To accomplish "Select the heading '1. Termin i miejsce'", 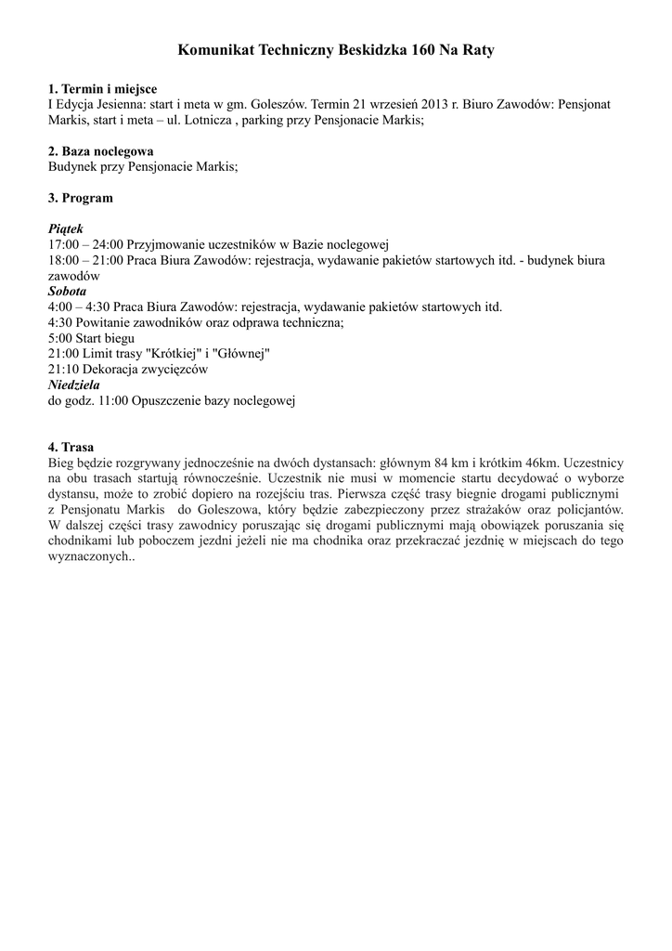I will [x=102, y=88].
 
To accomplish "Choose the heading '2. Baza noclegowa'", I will [x=100, y=150].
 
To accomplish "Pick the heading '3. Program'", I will [x=80, y=198].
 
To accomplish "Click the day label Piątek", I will [x=65, y=228].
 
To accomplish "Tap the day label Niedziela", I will [x=73, y=384].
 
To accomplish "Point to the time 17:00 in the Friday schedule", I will [x=63, y=244].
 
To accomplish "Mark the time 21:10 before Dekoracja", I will [x=63, y=369].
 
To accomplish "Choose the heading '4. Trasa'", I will [x=71, y=447].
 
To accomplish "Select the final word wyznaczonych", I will [x=90, y=557].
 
